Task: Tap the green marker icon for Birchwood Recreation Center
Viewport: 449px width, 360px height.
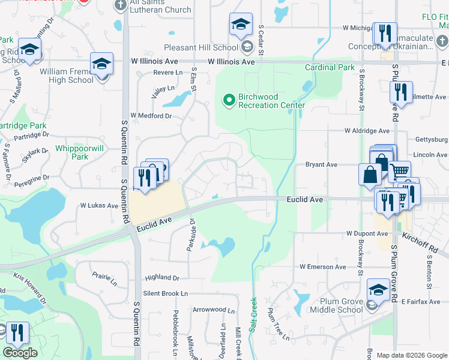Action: pyautogui.click(x=228, y=100)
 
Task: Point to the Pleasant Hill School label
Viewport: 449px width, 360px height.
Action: pyautogui.click(x=200, y=47)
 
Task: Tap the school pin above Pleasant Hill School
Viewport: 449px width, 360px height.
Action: pyautogui.click(x=240, y=26)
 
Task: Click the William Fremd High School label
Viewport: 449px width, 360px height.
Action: pyautogui.click(x=66, y=76)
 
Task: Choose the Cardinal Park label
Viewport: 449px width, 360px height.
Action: pyautogui.click(x=330, y=68)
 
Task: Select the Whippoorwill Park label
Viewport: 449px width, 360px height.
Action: pyautogui.click(x=72, y=152)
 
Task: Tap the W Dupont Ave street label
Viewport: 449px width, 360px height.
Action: pyautogui.click(x=367, y=233)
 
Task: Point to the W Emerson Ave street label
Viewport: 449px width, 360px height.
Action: pyautogui.click(x=323, y=266)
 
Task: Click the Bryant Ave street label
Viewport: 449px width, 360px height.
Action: pyautogui.click(x=322, y=164)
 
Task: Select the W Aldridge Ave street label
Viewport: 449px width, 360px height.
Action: pyautogui.click(x=367, y=131)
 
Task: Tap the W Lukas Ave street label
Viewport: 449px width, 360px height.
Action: pyautogui.click(x=100, y=205)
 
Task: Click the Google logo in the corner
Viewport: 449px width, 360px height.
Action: pyautogui.click(x=20, y=353)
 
